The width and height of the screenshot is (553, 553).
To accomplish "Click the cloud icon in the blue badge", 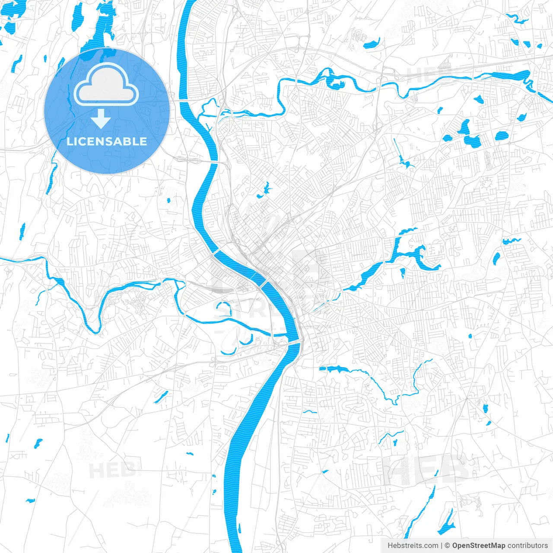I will [106, 86].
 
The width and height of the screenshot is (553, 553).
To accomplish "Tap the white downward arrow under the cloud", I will [101, 119].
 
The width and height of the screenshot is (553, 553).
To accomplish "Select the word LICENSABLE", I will [107, 141].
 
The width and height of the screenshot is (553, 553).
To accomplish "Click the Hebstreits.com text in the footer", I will [413, 546].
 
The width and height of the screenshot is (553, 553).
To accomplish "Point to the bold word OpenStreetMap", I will [479, 546].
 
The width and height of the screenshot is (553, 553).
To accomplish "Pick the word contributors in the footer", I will [528, 546].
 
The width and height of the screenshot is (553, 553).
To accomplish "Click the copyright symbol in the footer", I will [448, 546].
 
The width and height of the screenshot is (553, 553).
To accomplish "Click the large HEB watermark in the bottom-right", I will [426, 469].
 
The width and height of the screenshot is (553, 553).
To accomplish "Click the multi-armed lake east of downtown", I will [410, 253].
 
